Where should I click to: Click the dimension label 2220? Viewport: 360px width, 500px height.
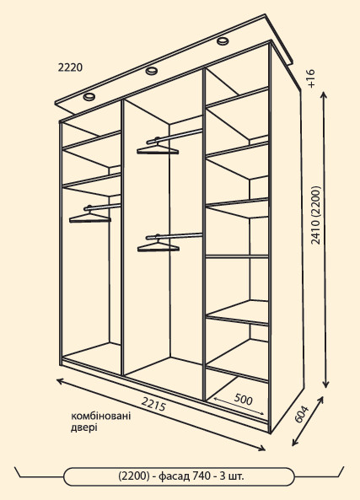click(x=70, y=67)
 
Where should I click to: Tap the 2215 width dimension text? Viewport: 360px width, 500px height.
click(x=154, y=405)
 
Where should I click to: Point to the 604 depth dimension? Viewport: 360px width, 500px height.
click(x=301, y=414)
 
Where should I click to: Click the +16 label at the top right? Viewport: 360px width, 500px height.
click(x=311, y=78)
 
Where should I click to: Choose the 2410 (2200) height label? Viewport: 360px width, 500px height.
click(x=315, y=215)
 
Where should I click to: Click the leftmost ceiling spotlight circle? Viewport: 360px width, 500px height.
click(x=89, y=96)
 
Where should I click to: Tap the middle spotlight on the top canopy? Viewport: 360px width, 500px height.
click(x=152, y=71)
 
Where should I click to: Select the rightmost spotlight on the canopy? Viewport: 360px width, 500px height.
click(x=223, y=40)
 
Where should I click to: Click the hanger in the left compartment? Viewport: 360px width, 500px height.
click(x=90, y=216)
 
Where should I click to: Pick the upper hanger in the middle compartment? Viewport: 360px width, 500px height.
click(x=158, y=148)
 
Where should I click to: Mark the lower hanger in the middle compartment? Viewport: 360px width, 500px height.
click(x=159, y=245)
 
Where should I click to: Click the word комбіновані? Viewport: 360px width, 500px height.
click(x=101, y=417)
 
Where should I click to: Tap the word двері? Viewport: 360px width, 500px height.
click(x=83, y=427)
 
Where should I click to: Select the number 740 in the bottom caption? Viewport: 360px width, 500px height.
click(x=201, y=476)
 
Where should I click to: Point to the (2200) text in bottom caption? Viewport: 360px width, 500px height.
click(x=134, y=476)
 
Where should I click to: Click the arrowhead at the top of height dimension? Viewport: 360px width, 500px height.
click(x=325, y=94)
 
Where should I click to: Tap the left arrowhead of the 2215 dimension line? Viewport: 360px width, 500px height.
click(x=60, y=381)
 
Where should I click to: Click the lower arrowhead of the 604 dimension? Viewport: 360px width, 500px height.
click(x=294, y=443)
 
